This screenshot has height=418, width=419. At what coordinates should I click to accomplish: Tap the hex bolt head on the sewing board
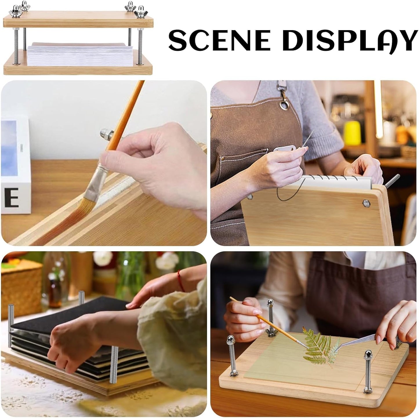(x=366, y=203)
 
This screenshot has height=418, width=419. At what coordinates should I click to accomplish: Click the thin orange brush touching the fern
(x=270, y=322)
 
